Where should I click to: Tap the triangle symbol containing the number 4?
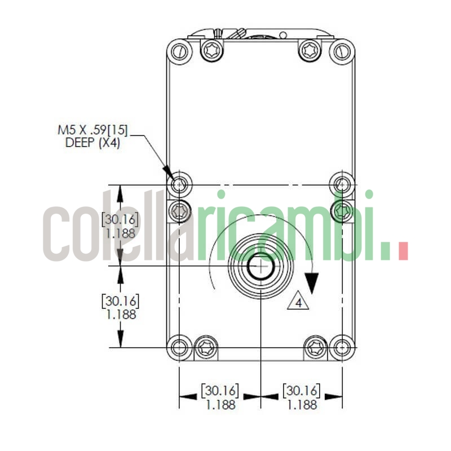click(x=299, y=302)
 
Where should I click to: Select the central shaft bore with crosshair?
click(x=260, y=266)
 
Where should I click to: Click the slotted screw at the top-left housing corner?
click(x=179, y=51)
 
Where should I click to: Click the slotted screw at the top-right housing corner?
click(x=342, y=51)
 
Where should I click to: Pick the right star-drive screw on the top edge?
click(x=309, y=50)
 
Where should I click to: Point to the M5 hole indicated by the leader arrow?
click(x=180, y=184)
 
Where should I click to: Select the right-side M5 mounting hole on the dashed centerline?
click(x=342, y=184)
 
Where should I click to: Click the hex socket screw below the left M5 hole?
click(x=180, y=211)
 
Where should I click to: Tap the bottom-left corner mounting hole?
click(x=180, y=347)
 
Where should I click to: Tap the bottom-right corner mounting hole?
click(x=342, y=347)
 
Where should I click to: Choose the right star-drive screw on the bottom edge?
click(x=316, y=347)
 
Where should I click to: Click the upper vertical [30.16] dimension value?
click(x=120, y=219)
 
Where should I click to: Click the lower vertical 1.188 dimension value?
click(x=121, y=314)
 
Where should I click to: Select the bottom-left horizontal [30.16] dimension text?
click(x=220, y=390)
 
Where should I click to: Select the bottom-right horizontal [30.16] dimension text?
click(x=302, y=390)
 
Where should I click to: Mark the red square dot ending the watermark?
click(x=403, y=251)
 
